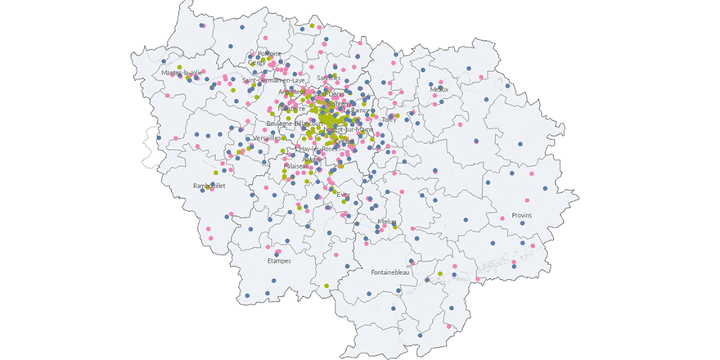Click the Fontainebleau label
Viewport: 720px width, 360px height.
[395, 272]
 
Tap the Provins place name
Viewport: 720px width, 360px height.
[521, 215]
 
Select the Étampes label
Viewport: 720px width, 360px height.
[279, 261]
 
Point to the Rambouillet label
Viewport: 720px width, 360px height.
[209, 186]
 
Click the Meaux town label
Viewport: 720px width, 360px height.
[439, 89]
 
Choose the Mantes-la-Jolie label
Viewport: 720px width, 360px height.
[181, 73]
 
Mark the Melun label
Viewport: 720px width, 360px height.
[386, 222]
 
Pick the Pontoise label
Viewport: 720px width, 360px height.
[269, 54]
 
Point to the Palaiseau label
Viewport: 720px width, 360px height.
[297, 166]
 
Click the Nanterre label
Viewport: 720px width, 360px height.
[291, 108]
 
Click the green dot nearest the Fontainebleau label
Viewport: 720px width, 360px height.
[440, 273]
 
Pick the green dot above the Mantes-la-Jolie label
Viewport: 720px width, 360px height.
[179, 66]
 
